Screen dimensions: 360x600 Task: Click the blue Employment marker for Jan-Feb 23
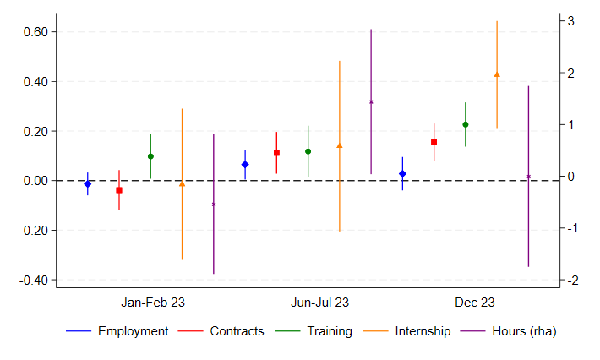pos(87,183)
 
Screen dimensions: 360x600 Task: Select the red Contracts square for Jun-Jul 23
pos(276,153)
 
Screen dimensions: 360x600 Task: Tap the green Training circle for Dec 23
pos(465,124)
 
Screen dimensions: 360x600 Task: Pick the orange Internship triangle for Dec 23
pos(497,74)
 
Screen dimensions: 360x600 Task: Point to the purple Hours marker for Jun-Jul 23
pos(371,101)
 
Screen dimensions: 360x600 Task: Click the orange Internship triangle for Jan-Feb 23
pos(182,183)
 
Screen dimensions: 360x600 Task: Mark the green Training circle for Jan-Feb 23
pos(150,156)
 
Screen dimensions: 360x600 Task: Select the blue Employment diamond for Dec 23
pos(402,173)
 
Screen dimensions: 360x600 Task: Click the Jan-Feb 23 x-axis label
pos(153,303)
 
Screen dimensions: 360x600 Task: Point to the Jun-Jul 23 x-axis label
pos(320,303)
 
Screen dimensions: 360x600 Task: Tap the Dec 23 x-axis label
pos(475,303)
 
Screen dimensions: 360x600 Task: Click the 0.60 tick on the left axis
pos(39,32)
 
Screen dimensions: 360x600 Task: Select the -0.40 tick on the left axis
pos(37,280)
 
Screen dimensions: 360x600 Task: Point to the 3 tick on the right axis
pos(571,20)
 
